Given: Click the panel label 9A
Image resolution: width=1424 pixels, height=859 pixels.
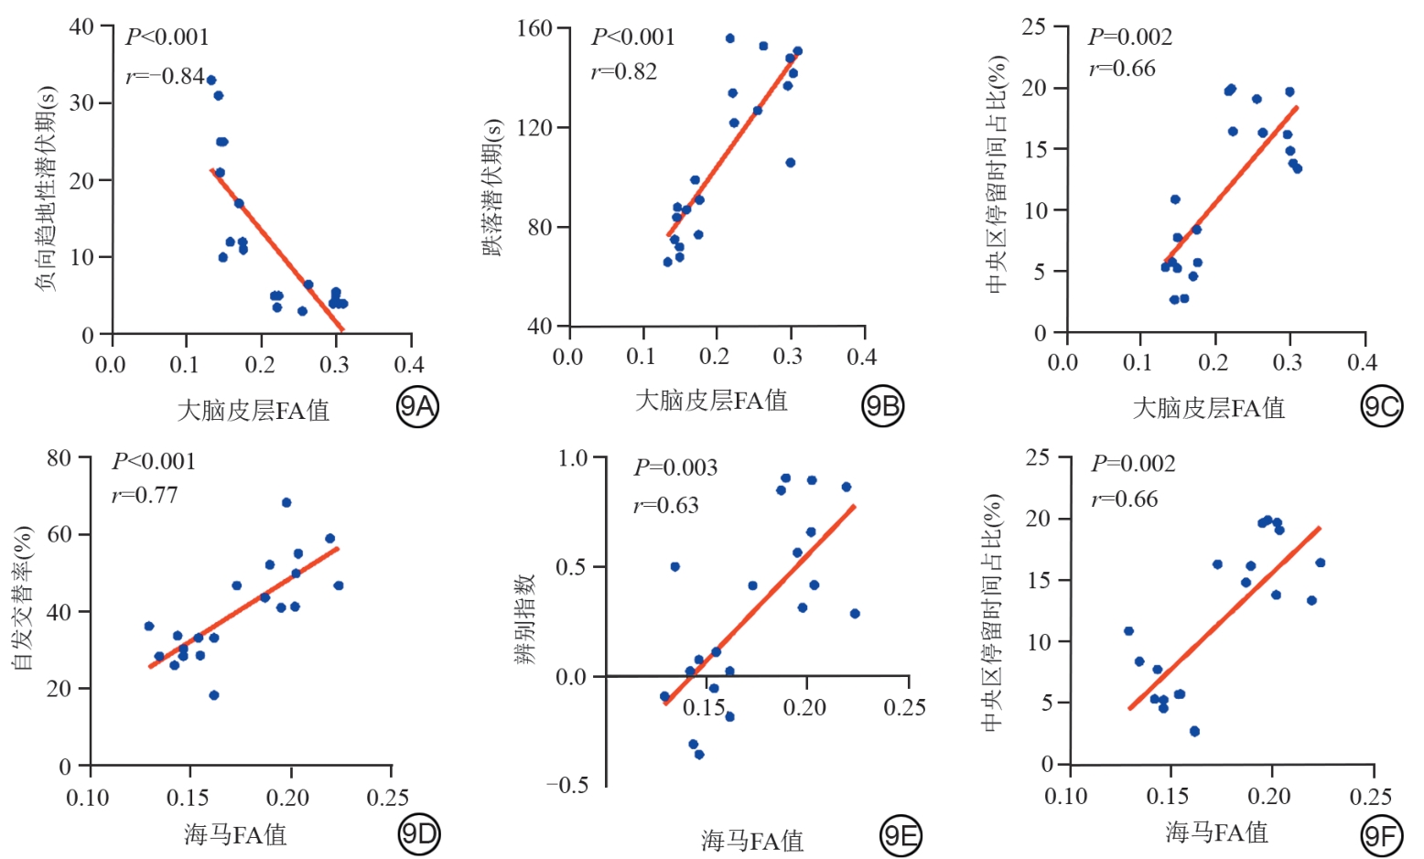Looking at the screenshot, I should (x=418, y=406).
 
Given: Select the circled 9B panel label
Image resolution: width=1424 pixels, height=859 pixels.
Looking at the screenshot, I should (x=882, y=406).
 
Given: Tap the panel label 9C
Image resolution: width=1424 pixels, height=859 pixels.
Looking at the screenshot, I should (x=1381, y=406).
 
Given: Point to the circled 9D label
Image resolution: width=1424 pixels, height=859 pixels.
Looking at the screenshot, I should (x=420, y=833).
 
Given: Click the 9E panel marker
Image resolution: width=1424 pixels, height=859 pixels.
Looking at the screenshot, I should (x=901, y=836).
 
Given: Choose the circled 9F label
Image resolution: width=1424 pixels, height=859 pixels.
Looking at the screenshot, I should (x=1381, y=836).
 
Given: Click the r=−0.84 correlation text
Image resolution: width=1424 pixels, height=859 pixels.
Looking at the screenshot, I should (x=165, y=77).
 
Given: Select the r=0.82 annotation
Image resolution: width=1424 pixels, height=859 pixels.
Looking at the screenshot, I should (x=624, y=72).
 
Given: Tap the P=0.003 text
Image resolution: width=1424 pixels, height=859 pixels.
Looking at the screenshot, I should (x=675, y=468).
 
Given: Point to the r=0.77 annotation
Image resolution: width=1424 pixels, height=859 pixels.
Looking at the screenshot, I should (x=145, y=496).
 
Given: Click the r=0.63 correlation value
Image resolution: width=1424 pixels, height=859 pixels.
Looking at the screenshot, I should (x=666, y=506).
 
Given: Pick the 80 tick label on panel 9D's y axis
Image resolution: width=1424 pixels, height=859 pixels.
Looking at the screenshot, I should (x=59, y=457).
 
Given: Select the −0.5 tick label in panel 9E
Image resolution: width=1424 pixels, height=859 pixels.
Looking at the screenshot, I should (x=567, y=786).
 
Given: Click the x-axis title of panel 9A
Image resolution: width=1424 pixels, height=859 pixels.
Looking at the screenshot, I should (x=253, y=410).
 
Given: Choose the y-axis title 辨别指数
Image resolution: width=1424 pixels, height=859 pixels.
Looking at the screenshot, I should (x=525, y=619).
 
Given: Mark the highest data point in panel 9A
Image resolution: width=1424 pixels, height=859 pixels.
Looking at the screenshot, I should (x=211, y=81).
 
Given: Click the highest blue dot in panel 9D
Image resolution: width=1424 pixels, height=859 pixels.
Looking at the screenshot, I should (x=286, y=502).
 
